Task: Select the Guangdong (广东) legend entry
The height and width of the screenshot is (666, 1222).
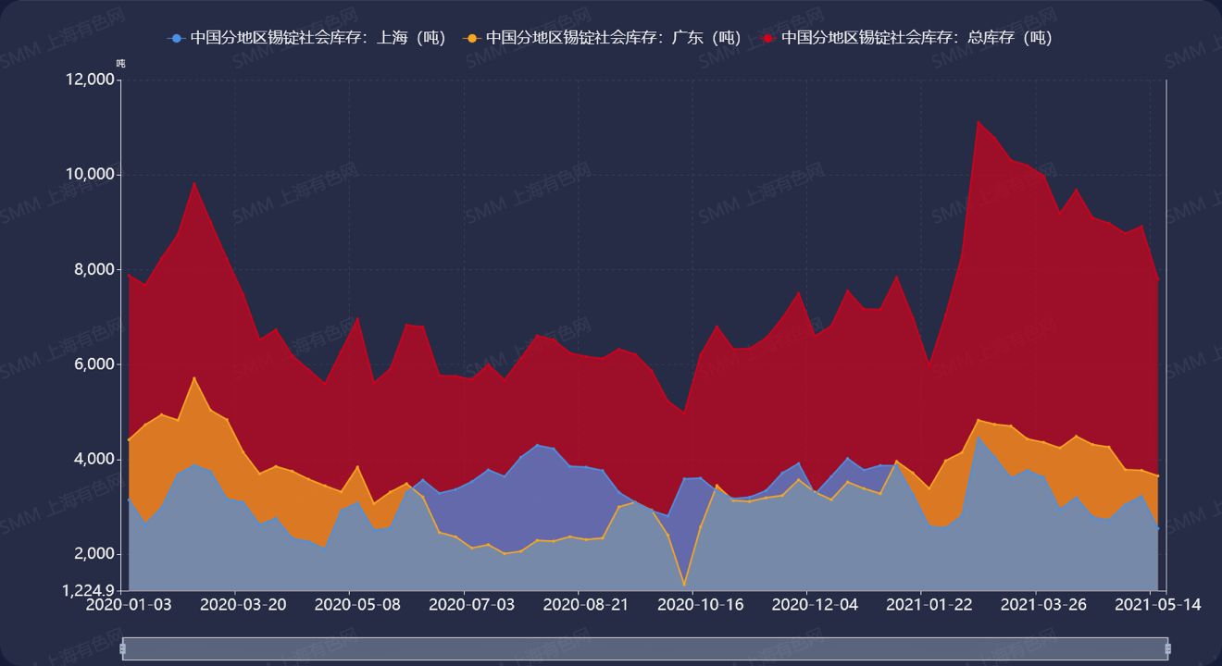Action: pos(605,38)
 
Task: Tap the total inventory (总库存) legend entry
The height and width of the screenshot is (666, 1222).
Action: pos(908,38)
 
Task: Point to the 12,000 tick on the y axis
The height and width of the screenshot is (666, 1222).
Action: pos(91,80)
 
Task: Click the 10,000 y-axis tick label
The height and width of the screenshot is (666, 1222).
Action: pos(91,175)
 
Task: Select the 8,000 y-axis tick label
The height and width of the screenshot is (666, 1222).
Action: pos(95,270)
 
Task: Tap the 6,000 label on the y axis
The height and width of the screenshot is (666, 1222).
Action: pos(95,364)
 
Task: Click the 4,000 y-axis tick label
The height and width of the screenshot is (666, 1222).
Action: pos(95,460)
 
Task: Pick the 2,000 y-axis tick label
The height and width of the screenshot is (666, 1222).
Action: pos(95,554)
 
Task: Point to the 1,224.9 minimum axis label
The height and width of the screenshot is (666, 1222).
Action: pos(90,590)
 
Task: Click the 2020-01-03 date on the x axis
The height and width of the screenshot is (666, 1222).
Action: pos(129,605)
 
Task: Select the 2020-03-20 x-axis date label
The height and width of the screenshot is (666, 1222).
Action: pos(243,605)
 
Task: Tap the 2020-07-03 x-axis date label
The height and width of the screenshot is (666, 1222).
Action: pos(471,605)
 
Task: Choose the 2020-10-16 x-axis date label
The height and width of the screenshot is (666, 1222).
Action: pos(700,605)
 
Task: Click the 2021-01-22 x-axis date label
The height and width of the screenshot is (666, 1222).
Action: pos(929,605)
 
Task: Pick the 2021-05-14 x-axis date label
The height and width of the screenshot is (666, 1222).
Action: pos(1158,605)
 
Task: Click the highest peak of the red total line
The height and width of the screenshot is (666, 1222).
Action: pos(978,121)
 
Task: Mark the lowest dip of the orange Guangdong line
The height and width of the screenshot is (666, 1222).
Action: pos(684,586)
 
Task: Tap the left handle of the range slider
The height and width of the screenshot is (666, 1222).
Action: pos(123,649)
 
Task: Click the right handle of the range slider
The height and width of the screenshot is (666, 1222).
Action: pos(1168,649)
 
